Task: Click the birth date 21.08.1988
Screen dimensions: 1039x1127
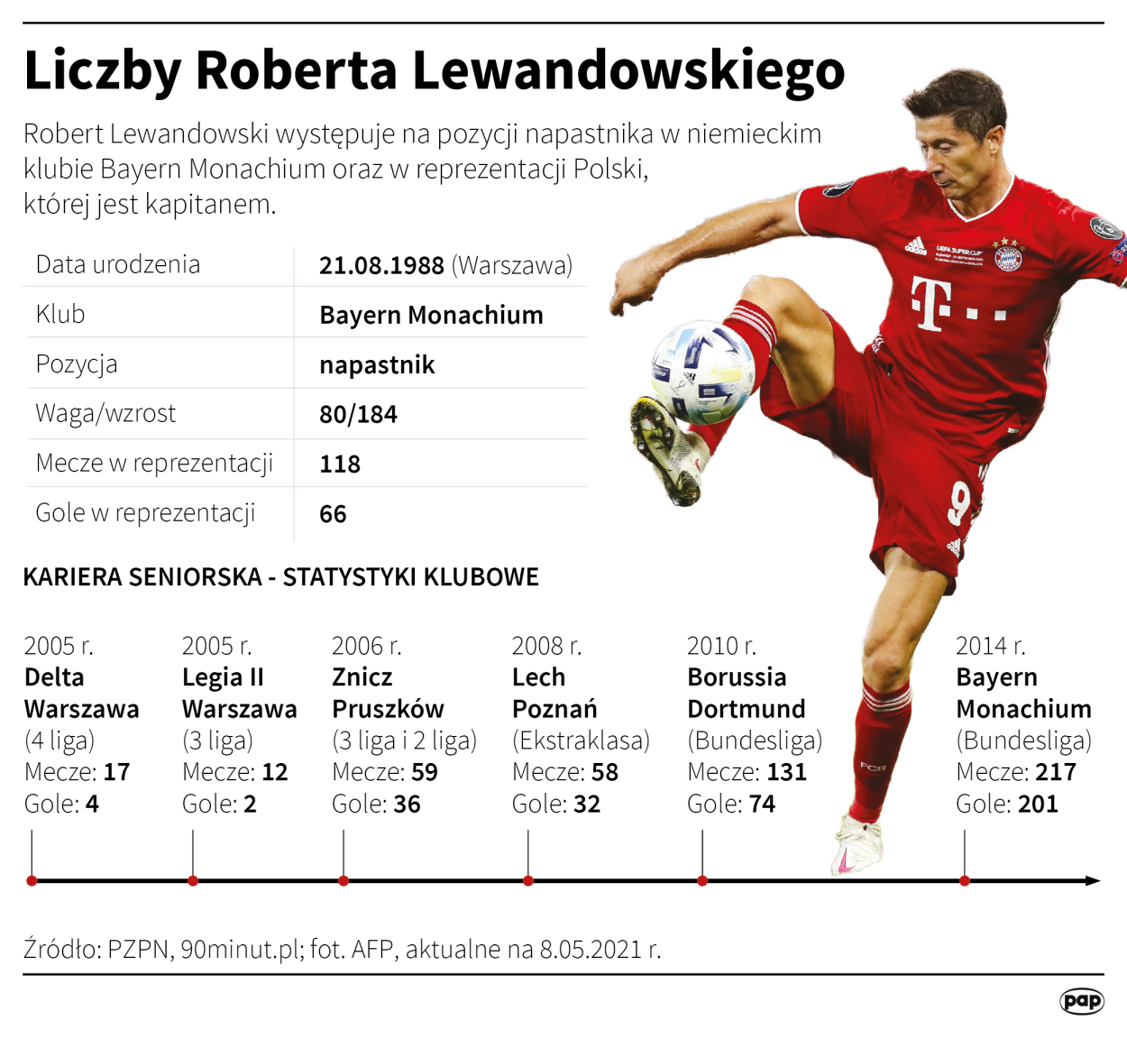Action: [x=381, y=265]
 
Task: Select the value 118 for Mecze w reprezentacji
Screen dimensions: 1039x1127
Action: [x=340, y=464]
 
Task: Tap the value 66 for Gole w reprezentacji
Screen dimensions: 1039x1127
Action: [x=333, y=513]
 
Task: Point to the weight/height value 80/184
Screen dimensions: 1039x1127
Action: [x=358, y=414]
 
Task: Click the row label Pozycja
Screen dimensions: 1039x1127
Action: [x=77, y=364]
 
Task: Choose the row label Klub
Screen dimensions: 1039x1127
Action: [x=60, y=314]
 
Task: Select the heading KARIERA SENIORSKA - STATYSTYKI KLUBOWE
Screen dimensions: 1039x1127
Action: [x=280, y=577]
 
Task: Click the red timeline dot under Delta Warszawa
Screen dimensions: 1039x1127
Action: [x=32, y=880]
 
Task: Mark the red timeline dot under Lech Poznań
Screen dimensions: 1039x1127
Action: [x=528, y=880]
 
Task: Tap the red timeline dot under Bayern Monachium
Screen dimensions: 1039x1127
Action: [x=965, y=880]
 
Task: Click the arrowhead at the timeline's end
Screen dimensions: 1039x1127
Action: [x=1094, y=880]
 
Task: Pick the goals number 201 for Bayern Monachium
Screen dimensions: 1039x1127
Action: [x=1038, y=804]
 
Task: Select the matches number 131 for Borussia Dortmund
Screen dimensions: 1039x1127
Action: [x=786, y=772]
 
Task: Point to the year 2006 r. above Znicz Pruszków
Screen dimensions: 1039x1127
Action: [x=366, y=646]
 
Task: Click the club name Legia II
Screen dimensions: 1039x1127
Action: [x=223, y=677]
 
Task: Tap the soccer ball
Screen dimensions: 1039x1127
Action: [x=702, y=373]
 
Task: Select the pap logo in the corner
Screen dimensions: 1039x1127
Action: [x=1081, y=1000]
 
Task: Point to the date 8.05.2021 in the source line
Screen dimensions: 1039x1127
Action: [x=591, y=949]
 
